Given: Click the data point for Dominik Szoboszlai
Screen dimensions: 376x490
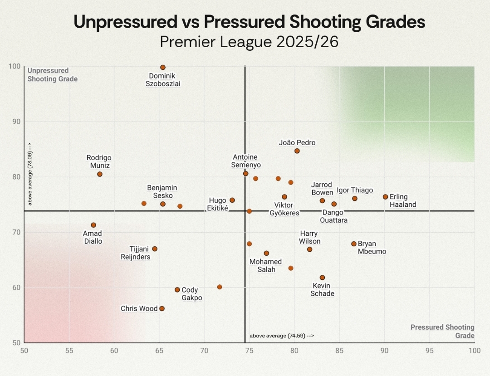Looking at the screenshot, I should click(x=163, y=68).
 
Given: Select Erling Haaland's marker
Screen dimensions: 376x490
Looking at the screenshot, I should click(x=386, y=197).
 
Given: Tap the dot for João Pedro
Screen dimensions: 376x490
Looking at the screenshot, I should click(x=297, y=151).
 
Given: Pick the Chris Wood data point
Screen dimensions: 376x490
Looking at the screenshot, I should click(x=162, y=308).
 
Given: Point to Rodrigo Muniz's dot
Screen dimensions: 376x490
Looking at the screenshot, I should click(x=100, y=174).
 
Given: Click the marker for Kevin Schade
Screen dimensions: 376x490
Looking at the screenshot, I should click(x=322, y=278).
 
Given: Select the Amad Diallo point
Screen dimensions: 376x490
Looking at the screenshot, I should click(x=93, y=225).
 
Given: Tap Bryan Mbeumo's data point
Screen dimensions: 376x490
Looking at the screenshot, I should click(x=354, y=244).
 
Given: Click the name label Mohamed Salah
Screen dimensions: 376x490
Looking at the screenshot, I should click(x=266, y=266).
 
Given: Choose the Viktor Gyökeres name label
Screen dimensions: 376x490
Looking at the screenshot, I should click(x=284, y=209).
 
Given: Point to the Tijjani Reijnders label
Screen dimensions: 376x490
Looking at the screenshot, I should click(x=135, y=253).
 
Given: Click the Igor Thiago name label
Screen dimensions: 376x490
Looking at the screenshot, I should click(x=355, y=190).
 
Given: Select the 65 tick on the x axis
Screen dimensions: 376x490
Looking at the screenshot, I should click(x=159, y=350).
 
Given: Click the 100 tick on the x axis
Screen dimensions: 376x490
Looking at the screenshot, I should click(x=474, y=350).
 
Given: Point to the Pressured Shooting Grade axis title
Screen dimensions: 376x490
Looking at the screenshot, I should click(x=442, y=332).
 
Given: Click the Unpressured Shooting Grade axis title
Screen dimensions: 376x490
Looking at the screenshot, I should click(x=52, y=75).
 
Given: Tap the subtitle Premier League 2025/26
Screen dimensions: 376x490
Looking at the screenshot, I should click(x=249, y=42).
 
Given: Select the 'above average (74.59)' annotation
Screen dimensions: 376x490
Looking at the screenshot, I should click(x=281, y=336).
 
